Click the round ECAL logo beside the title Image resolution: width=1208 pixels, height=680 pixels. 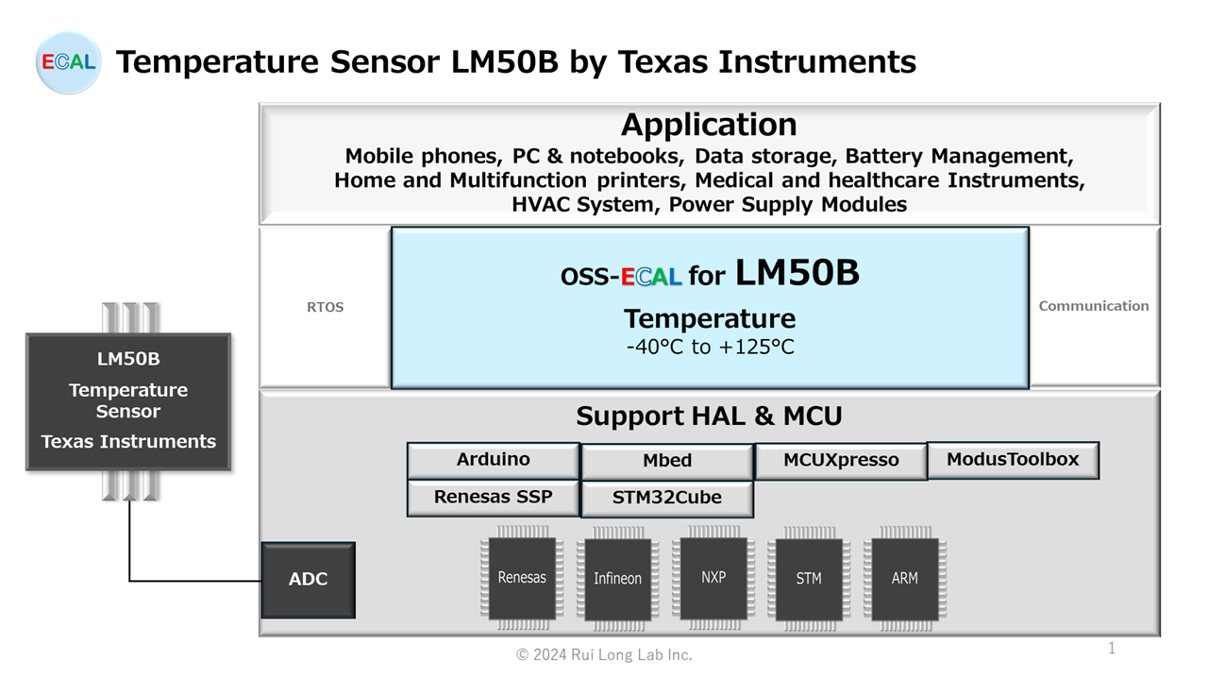[x=68, y=62]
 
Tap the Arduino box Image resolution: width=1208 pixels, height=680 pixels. [x=493, y=460]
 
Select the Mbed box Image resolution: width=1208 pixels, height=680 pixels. [x=667, y=461]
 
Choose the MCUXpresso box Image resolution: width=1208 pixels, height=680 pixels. [x=841, y=460]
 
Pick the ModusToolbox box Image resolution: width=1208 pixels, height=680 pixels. [x=1013, y=460]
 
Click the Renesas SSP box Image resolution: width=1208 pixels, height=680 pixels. [x=493, y=497]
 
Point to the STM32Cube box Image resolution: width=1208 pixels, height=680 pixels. [x=667, y=498]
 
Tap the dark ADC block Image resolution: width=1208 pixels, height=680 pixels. [x=309, y=580]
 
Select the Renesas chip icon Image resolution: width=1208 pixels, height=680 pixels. [x=522, y=578]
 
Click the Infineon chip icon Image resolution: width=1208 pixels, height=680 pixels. [x=617, y=579]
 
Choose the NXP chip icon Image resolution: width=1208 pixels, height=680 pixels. [x=713, y=577]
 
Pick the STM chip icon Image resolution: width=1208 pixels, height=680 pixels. [x=809, y=579]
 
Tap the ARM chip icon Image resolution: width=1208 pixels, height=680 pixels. [x=904, y=579]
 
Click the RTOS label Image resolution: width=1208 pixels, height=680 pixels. [x=326, y=307]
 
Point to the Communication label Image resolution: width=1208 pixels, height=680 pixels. [x=1094, y=306]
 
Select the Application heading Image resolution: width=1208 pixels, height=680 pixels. [x=709, y=125]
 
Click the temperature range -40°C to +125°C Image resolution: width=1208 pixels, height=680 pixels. [x=711, y=347]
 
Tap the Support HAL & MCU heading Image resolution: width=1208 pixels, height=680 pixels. [x=709, y=416]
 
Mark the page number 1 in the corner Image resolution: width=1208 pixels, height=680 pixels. [x=1112, y=648]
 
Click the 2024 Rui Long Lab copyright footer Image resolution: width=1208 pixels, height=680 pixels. [x=604, y=654]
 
